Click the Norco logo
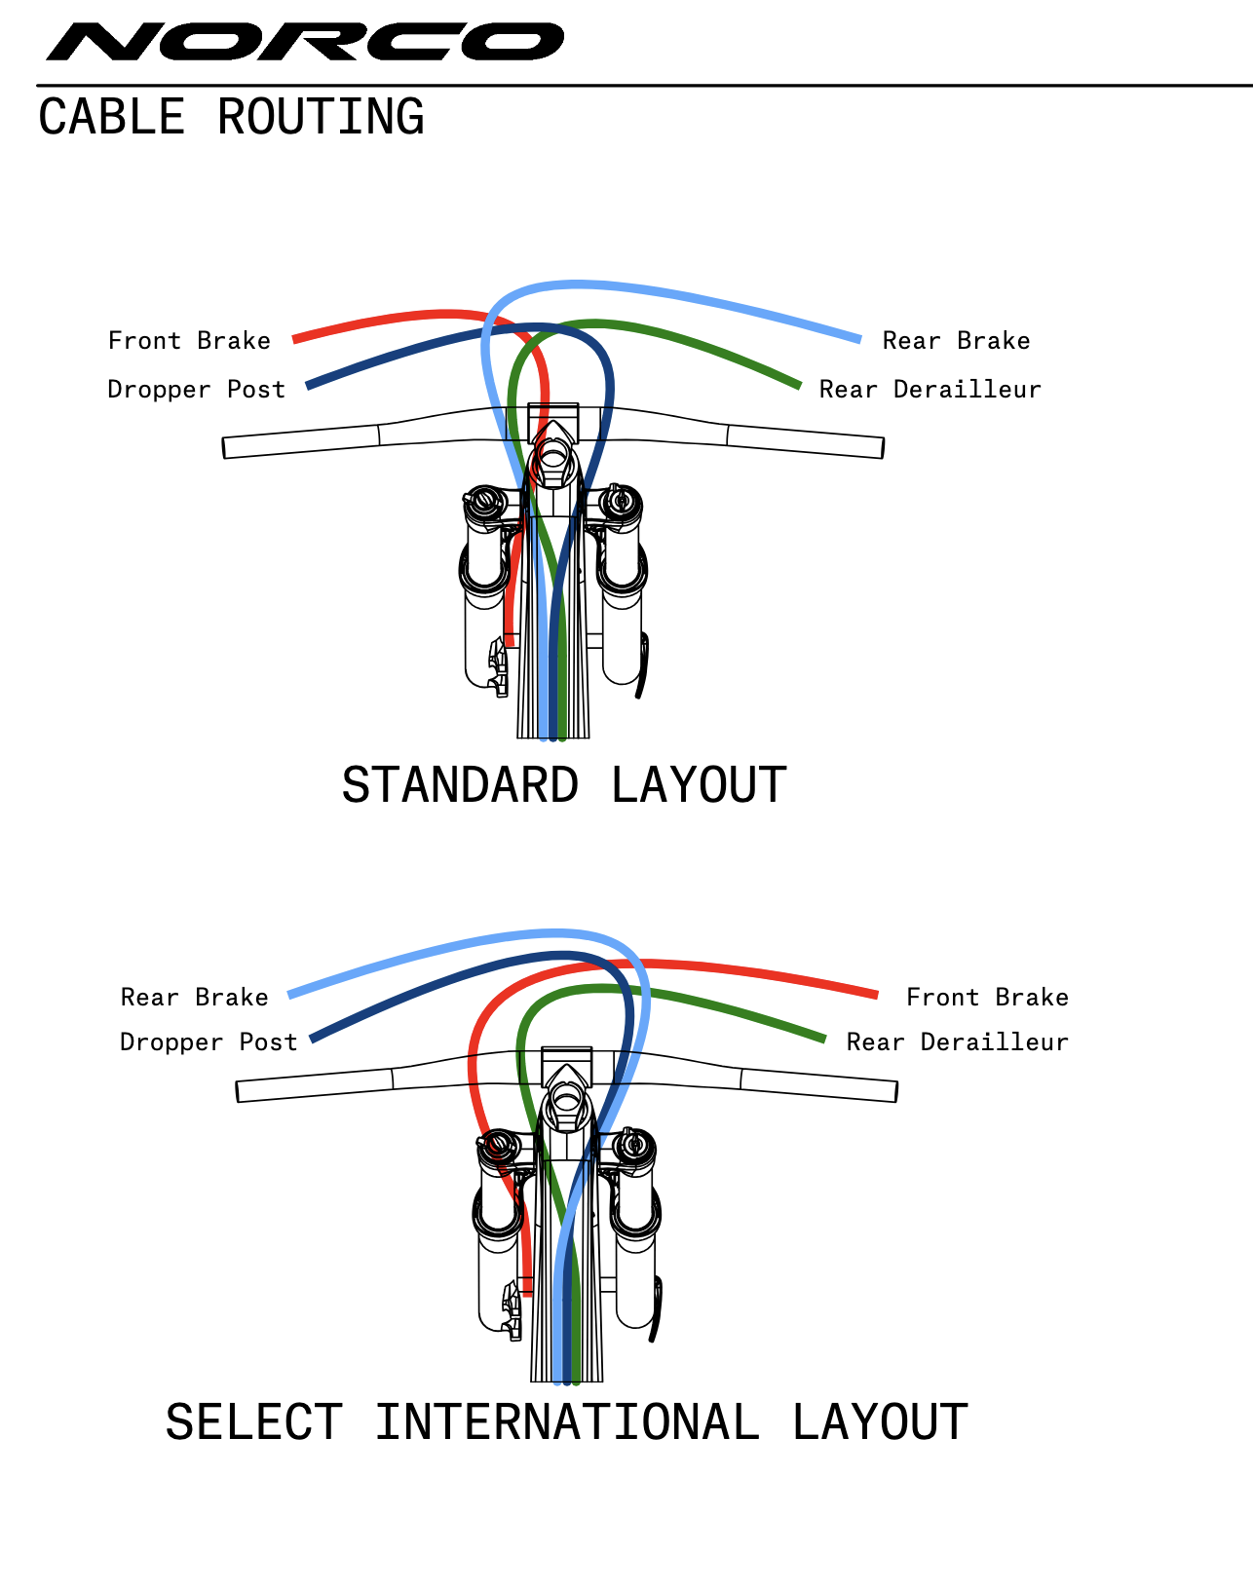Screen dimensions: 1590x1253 pyautogui.click(x=305, y=42)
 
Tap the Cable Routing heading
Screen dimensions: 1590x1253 pyautogui.click(x=231, y=117)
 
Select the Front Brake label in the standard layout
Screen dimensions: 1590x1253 pyautogui.click(x=189, y=340)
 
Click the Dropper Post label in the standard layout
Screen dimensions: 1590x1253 pyautogui.click(x=196, y=389)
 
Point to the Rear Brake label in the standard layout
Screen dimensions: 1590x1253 pyautogui.click(x=956, y=340)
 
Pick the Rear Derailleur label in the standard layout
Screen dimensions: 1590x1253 pyautogui.click(x=930, y=389)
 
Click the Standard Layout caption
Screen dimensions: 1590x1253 pyautogui.click(x=564, y=785)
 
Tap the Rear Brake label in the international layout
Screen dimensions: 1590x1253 pyautogui.click(x=194, y=997)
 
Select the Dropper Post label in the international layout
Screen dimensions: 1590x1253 pyautogui.click(x=208, y=1041)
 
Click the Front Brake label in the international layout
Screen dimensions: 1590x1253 pyautogui.click(x=987, y=997)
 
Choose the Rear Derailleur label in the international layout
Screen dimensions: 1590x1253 pyautogui.click(x=957, y=1041)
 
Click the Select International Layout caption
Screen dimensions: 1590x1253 pyautogui.click(x=566, y=1422)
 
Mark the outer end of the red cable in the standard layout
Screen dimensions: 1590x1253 pyautogui.click(x=295, y=339)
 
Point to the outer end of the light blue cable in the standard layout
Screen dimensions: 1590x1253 pyautogui.click(x=859, y=340)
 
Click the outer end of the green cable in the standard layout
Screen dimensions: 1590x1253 pyautogui.click(x=799, y=387)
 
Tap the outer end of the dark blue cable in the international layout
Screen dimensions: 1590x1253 pyautogui.click(x=312, y=1040)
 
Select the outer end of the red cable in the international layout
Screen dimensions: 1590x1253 pyautogui.click(x=876, y=995)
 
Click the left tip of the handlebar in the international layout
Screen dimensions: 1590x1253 pyautogui.click(x=240, y=1091)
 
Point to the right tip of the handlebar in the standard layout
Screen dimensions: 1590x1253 pyautogui.click(x=881, y=448)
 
